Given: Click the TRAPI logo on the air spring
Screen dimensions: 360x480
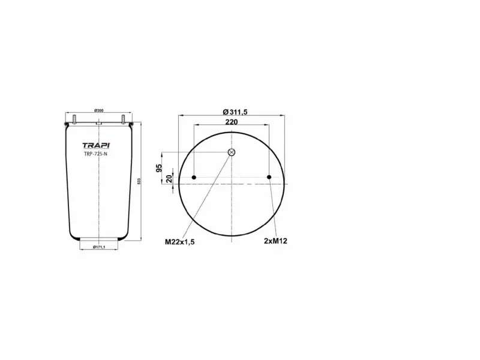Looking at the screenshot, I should tap(96, 145).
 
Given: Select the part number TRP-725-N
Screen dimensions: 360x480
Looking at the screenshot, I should tap(95, 154).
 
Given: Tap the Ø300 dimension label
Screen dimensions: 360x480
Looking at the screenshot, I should tap(99, 111).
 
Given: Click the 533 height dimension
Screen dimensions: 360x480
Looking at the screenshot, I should tap(139, 182).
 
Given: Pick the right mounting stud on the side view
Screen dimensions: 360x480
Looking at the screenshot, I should tap(122, 119).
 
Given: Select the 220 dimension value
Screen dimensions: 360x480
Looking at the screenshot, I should tap(232, 122).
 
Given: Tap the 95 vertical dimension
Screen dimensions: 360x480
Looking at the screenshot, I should tap(160, 167).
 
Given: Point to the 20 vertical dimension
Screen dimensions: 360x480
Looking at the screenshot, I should tap(169, 179).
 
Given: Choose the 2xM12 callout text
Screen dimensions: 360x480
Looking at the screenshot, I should tap(276, 241).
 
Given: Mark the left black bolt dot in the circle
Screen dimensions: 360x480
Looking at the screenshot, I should tap(194, 177).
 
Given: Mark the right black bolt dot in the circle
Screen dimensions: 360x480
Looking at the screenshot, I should tap(269, 177).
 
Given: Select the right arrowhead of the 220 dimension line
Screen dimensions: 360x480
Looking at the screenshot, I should tap(268, 125).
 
